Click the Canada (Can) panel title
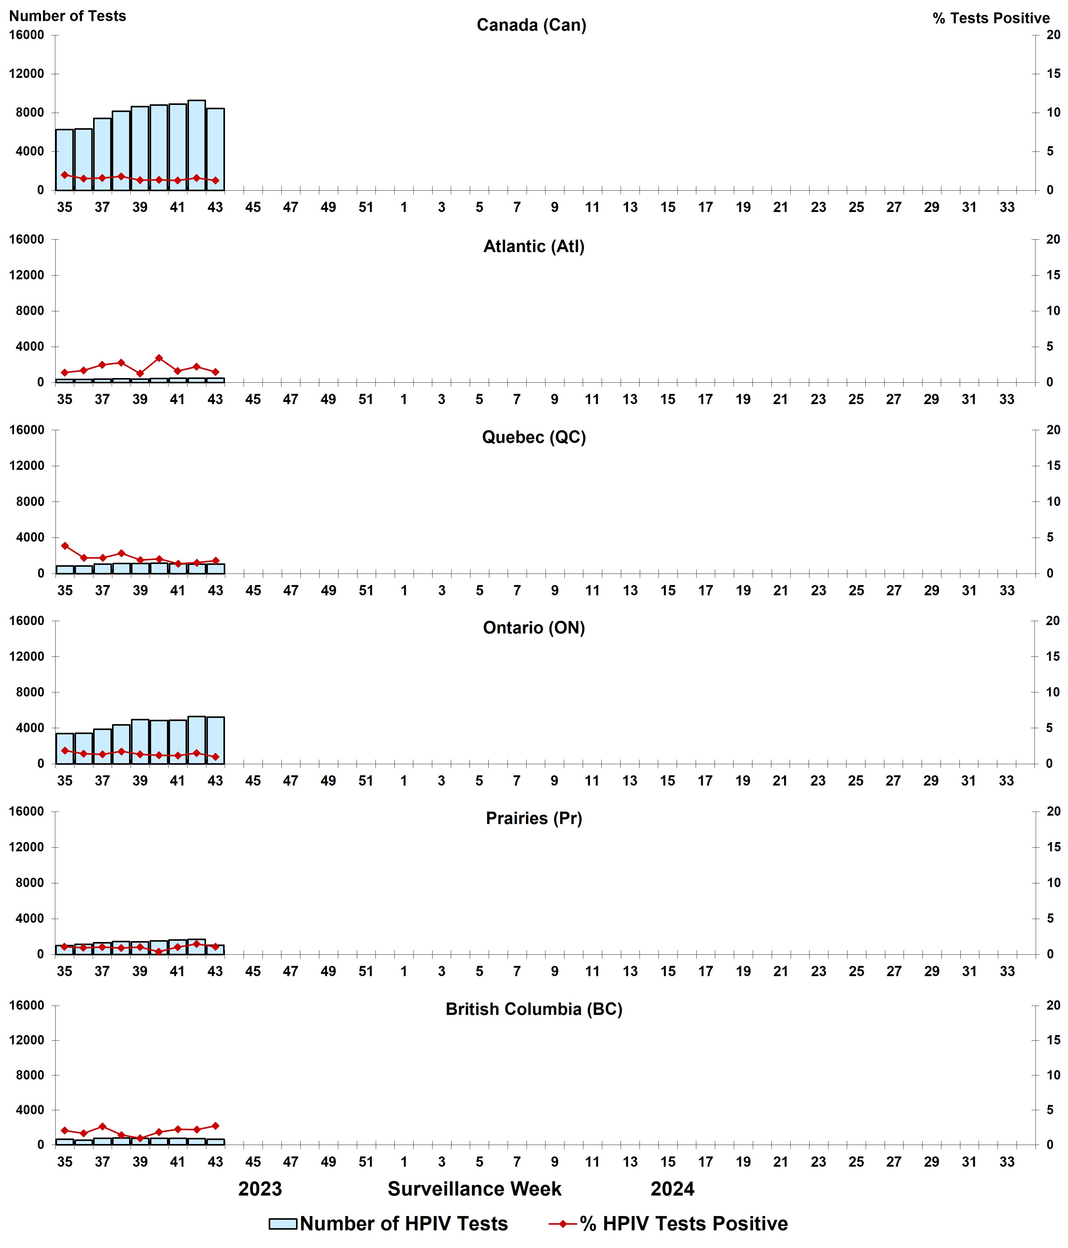(x=531, y=25)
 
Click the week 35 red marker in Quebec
(x=65, y=546)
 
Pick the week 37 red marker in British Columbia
(x=102, y=1126)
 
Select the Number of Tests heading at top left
(x=67, y=16)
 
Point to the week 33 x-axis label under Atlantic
(x=1007, y=399)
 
